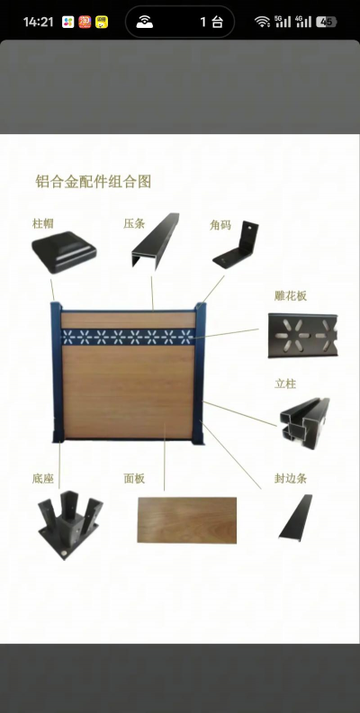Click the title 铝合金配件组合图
[93, 181]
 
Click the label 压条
[134, 222]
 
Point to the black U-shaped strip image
[153, 243]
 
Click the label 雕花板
[291, 295]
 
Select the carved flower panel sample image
[302, 335]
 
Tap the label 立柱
[285, 383]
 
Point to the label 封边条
[291, 478]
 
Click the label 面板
[134, 478]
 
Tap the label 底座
[43, 478]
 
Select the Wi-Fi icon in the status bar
[262, 22]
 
